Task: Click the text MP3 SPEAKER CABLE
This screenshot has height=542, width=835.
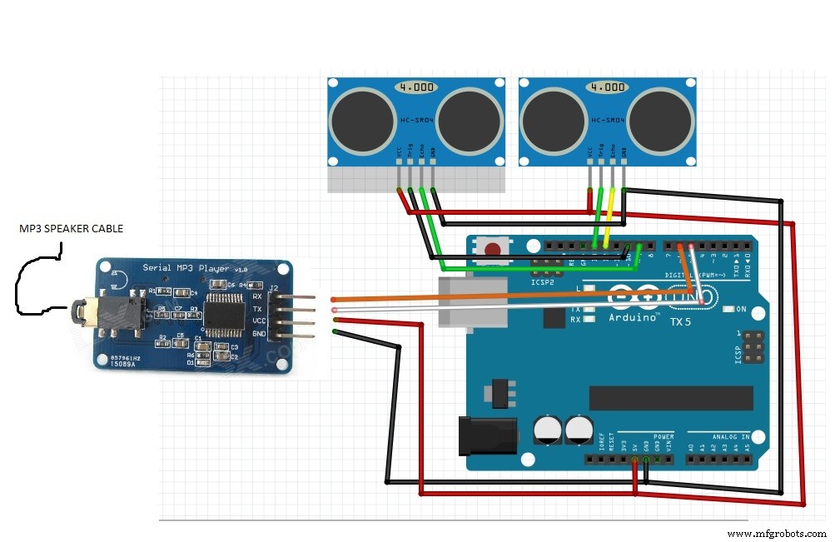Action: tap(72, 227)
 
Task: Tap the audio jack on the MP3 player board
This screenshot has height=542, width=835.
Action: tap(83, 313)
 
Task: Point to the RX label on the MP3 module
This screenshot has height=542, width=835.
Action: tap(257, 296)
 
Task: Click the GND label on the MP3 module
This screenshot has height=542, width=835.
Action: tap(258, 332)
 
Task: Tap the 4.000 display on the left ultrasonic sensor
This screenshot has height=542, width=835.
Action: tap(416, 86)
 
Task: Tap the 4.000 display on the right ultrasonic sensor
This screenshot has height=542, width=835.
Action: tap(606, 86)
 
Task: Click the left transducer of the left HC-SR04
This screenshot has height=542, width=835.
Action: tap(362, 125)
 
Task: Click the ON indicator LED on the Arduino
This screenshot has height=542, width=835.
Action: tap(728, 309)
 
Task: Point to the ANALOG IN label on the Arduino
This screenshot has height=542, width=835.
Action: tap(730, 436)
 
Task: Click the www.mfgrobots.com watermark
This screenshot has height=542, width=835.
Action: tap(776, 533)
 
